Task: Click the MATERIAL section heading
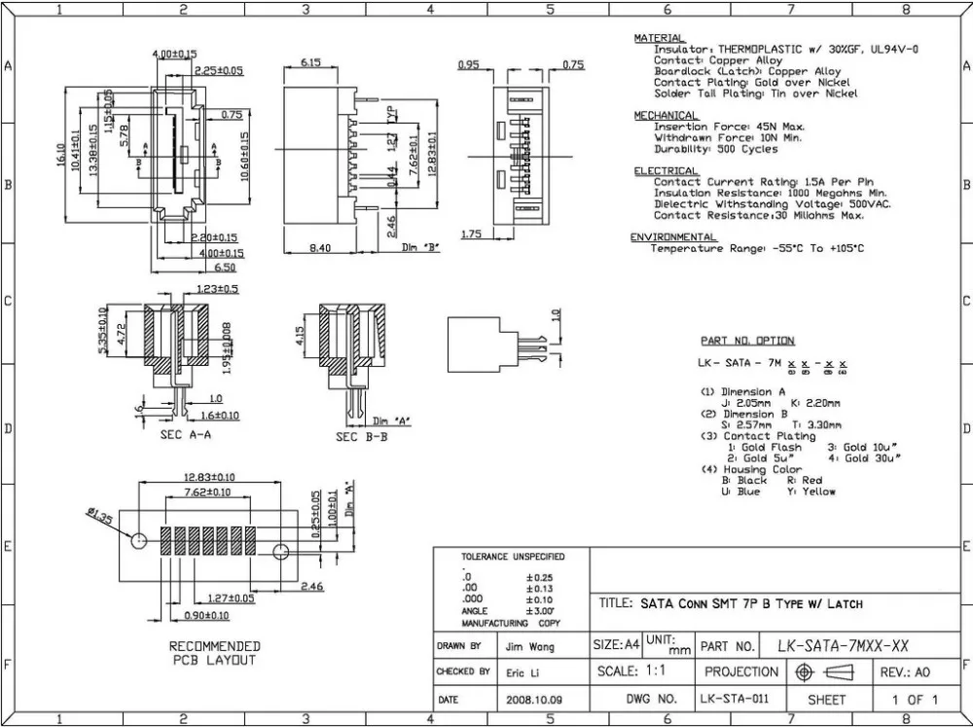659,38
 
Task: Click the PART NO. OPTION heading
747,341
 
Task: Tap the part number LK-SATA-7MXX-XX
842,645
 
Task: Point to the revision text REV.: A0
907,672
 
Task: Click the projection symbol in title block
824,672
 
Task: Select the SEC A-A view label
187,436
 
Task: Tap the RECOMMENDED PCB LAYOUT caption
215,653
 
